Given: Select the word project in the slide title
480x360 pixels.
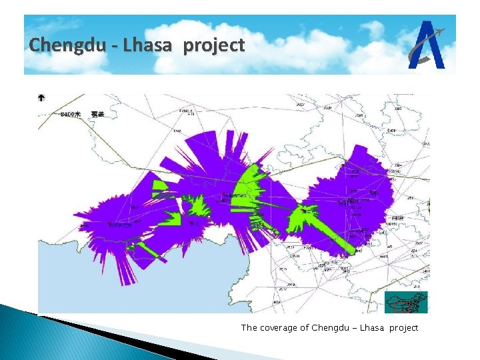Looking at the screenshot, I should [x=214, y=47].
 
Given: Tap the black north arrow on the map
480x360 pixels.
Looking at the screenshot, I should [x=41, y=98].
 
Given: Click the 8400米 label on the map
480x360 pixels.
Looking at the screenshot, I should [x=70, y=115].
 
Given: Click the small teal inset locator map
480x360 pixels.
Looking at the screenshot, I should [x=406, y=302].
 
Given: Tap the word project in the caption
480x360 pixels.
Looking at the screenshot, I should [x=404, y=327].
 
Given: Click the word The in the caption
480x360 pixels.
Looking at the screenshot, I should [x=249, y=327].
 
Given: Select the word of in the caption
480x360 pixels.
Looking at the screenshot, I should [x=305, y=327].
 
